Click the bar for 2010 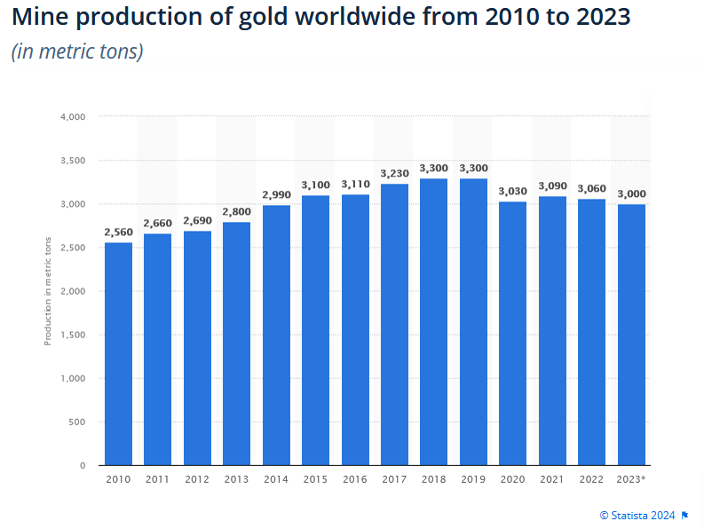pyautogui.click(x=118, y=353)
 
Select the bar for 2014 pyautogui.click(x=276, y=335)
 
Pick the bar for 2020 pyautogui.click(x=513, y=333)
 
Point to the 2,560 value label pyautogui.click(x=118, y=232)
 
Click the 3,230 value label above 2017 pyautogui.click(x=394, y=173)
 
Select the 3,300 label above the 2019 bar pyautogui.click(x=473, y=168)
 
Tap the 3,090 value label pyautogui.click(x=552, y=186)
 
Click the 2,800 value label pyautogui.click(x=236, y=211)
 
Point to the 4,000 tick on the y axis pyautogui.click(x=72, y=116)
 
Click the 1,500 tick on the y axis pyautogui.click(x=72, y=335)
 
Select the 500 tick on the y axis pyautogui.click(x=77, y=422)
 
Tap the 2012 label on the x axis pyautogui.click(x=197, y=479)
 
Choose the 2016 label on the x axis pyautogui.click(x=355, y=479)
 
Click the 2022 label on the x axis pyautogui.click(x=591, y=479)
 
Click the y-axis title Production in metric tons pyautogui.click(x=47, y=291)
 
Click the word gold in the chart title pyautogui.click(x=257, y=18)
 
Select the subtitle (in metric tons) pyautogui.click(x=77, y=51)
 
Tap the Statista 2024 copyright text pyautogui.click(x=637, y=515)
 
